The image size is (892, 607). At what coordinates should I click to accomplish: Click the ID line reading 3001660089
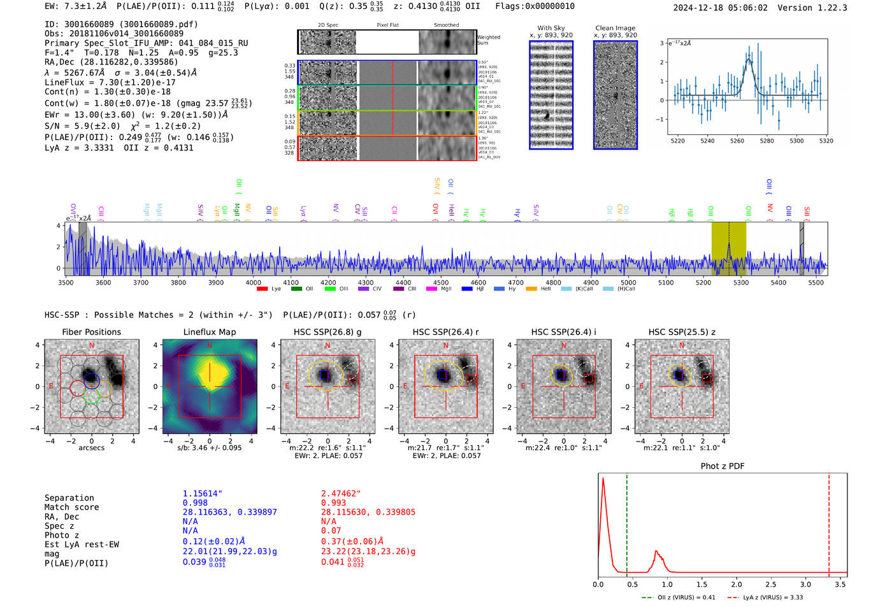[x=121, y=24]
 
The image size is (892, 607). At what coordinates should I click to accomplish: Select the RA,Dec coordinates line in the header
[x=111, y=62]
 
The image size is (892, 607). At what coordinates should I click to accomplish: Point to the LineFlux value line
[x=110, y=82]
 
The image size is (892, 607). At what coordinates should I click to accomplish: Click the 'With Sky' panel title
[x=550, y=28]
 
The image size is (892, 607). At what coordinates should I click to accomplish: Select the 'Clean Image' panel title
[x=615, y=28]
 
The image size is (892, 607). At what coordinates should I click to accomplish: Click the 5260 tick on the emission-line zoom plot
[x=737, y=141]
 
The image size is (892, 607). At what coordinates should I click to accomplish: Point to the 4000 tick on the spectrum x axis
[x=253, y=282]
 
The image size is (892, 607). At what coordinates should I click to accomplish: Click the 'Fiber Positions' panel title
[x=91, y=332]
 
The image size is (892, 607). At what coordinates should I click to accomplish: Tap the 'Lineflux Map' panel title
[x=209, y=332]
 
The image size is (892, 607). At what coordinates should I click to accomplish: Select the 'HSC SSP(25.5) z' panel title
[x=681, y=332]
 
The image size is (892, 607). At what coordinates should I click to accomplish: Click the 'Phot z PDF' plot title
[x=722, y=466]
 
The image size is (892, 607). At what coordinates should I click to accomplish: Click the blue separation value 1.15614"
[x=202, y=494]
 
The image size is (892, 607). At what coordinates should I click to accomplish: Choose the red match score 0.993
[x=333, y=503]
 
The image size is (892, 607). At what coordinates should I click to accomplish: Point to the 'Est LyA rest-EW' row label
[x=82, y=545]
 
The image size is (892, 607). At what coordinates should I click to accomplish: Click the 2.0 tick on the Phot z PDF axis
[x=736, y=584]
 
